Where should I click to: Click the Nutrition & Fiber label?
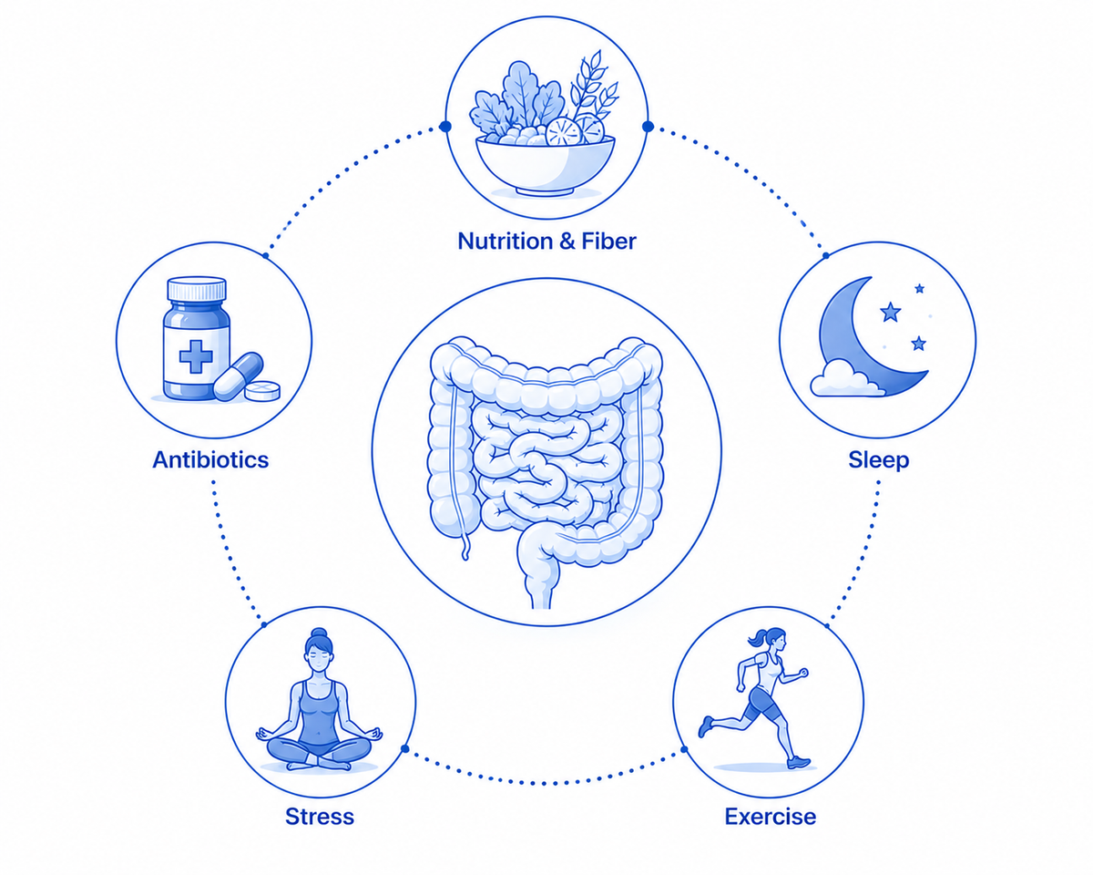point(546,241)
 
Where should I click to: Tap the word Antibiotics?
point(210,459)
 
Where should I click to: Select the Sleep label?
point(879,460)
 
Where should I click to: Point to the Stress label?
point(320,817)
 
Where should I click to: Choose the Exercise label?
point(770,817)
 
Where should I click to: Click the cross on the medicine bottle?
point(196,356)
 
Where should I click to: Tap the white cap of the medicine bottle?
point(197,289)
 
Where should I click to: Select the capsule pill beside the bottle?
point(239,376)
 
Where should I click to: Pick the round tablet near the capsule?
point(262,390)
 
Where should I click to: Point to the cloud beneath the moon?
point(844,379)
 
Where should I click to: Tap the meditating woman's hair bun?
point(320,634)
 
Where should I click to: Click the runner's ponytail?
point(757,638)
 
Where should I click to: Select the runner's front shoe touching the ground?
point(799,762)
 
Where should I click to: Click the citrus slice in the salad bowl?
point(564,132)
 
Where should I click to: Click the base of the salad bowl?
point(545,191)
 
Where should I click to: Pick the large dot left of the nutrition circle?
point(444,127)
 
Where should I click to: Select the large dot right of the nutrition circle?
point(648,126)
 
